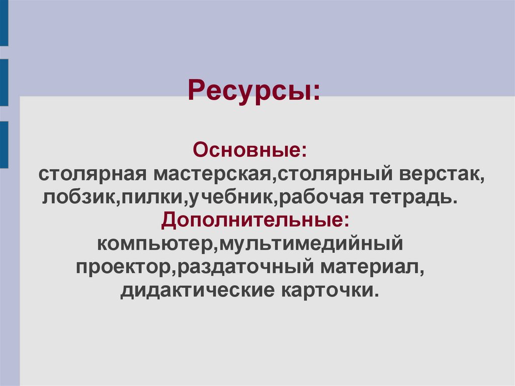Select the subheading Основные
click(250, 149)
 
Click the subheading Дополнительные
click(254, 220)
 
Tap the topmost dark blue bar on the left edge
click(4, 23)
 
